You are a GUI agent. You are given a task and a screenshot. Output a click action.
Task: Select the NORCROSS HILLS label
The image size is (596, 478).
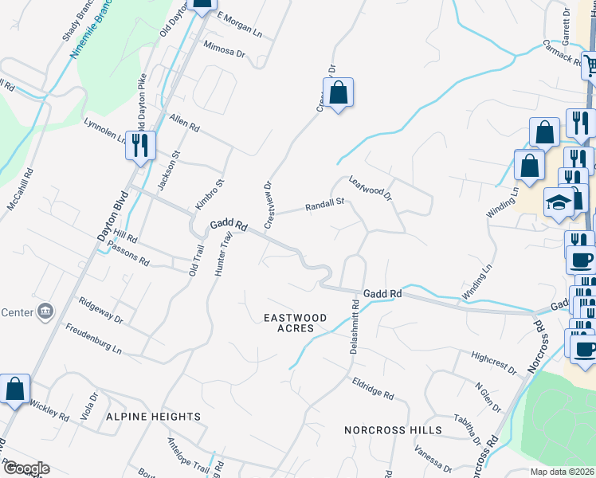[x=393, y=430]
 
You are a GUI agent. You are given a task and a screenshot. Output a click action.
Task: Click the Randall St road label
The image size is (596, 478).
[x=324, y=206]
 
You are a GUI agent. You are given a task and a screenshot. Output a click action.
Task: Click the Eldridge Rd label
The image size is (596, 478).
[x=373, y=388]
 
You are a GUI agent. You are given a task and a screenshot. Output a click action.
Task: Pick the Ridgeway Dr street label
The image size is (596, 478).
[x=100, y=311]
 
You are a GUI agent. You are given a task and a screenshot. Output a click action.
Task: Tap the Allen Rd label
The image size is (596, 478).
[x=184, y=122]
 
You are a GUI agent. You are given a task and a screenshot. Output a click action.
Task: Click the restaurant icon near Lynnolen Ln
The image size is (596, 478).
[x=140, y=145]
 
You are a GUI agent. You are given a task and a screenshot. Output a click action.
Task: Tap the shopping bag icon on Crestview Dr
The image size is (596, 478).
[x=338, y=92]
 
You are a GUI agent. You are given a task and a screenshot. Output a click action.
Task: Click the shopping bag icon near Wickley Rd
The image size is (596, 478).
[x=14, y=389]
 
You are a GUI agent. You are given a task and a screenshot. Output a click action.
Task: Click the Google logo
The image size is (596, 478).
[x=25, y=468]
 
